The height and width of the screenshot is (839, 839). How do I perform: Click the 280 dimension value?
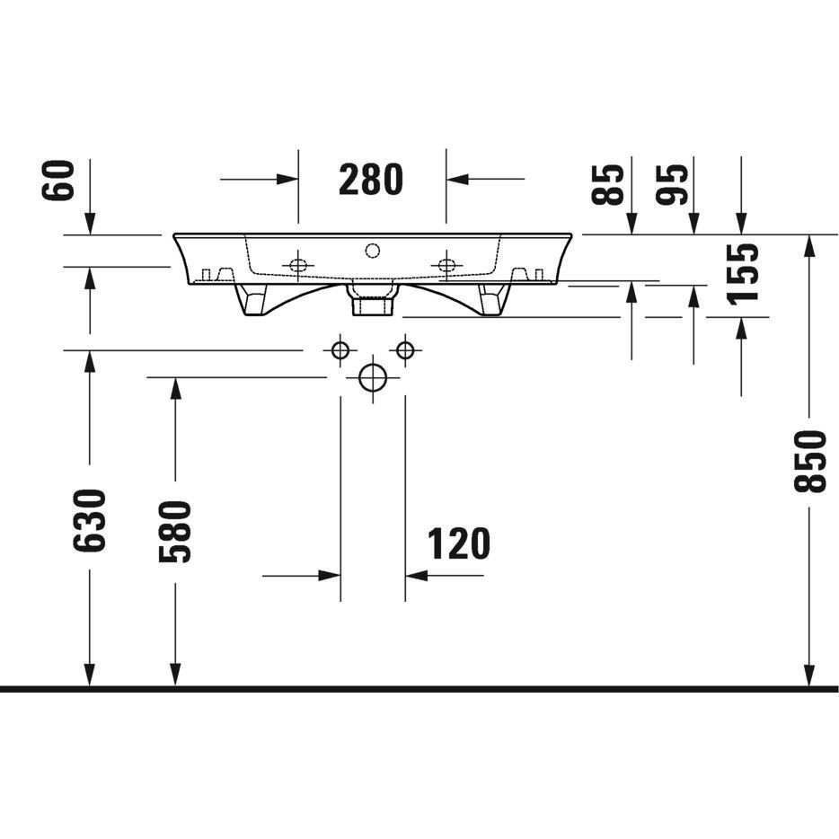[x=371, y=180]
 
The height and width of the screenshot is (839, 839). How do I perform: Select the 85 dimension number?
[x=608, y=185]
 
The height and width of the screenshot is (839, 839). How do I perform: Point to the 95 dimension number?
[x=672, y=185]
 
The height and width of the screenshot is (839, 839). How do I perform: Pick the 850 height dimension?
[x=810, y=461]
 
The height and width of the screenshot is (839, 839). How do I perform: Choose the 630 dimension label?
[x=90, y=520]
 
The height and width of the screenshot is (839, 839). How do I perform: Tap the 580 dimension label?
[x=175, y=532]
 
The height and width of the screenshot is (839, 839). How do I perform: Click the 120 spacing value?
[x=458, y=543]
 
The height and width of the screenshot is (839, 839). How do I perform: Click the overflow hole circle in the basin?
[x=373, y=251]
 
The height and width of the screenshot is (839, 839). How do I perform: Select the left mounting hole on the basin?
[x=298, y=265]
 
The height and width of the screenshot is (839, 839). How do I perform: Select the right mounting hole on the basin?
[x=446, y=265]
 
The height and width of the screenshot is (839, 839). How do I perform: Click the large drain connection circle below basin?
[x=373, y=378]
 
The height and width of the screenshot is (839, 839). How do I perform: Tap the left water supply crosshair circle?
[x=340, y=351]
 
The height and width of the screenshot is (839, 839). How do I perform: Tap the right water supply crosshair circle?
[x=405, y=351]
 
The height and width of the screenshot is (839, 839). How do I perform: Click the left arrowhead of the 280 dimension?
[x=287, y=179]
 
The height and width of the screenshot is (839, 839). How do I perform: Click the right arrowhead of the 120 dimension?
[x=416, y=576]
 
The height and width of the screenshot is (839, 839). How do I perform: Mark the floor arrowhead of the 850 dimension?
[x=810, y=676]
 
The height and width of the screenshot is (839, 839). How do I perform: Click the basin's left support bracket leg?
[x=252, y=299]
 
